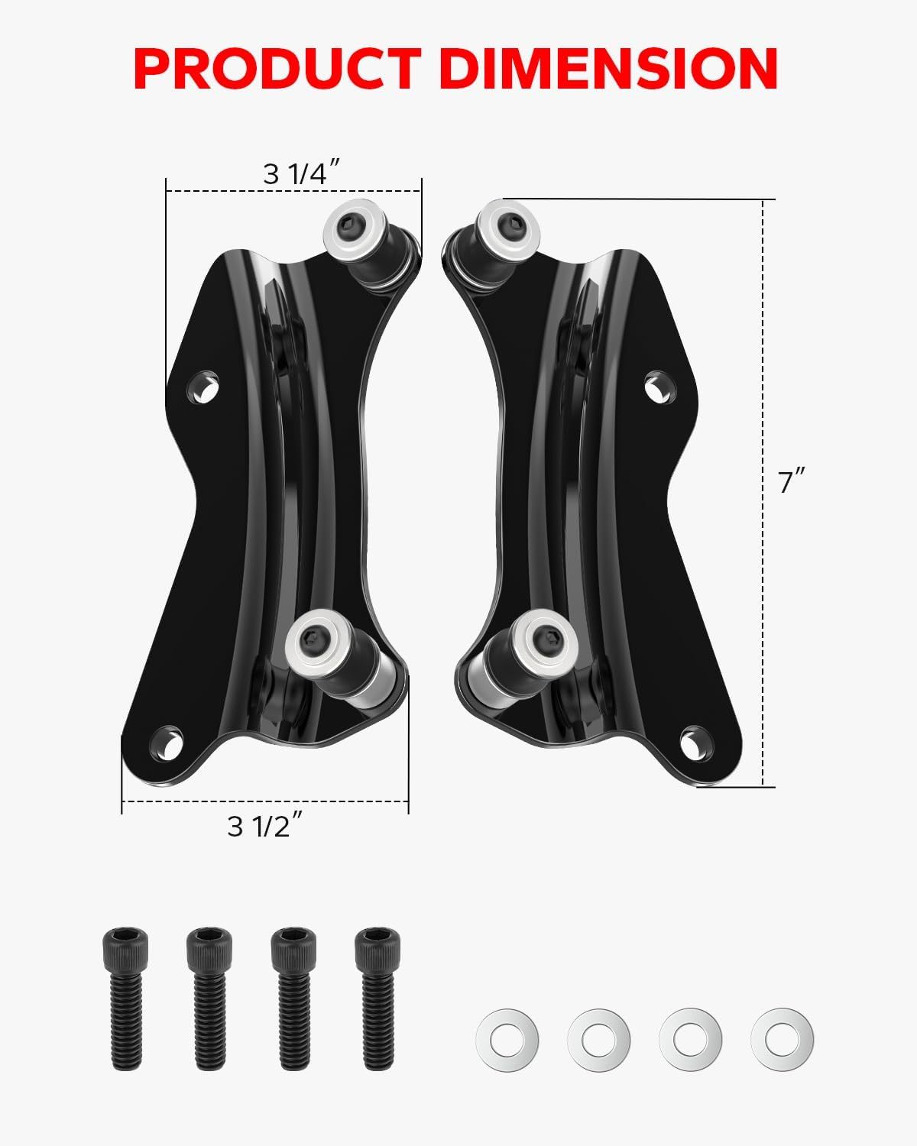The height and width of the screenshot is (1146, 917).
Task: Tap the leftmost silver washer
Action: pyautogui.click(x=507, y=1039)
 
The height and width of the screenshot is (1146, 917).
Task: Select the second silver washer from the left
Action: pyautogui.click(x=598, y=1039)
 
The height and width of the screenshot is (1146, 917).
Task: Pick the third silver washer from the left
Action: pyautogui.click(x=690, y=1039)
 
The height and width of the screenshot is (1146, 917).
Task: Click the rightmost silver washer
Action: pyautogui.click(x=782, y=1039)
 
